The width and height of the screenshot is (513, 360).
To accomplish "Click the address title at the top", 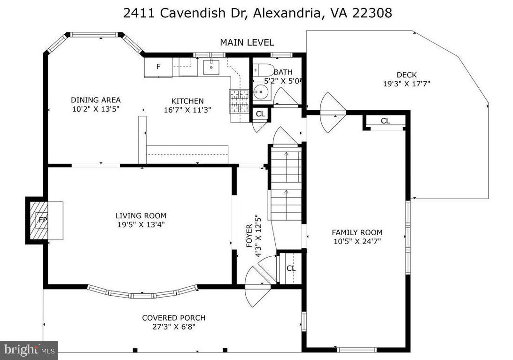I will pos(257,13).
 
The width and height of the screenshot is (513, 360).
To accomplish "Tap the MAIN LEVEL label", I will pos(247,42).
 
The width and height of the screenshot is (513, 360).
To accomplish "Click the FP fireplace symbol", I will pos(43,220).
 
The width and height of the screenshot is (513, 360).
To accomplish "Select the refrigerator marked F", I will pos(158,67).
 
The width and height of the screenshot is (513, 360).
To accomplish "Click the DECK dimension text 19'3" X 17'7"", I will pos(406,84).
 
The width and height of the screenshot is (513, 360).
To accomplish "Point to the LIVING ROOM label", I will pos(141,216).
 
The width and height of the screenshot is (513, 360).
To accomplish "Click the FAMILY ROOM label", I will pos(357,232).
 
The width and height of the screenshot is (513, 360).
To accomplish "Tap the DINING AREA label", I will pos(96,100).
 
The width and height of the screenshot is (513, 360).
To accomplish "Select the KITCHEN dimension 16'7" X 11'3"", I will pos(187,110).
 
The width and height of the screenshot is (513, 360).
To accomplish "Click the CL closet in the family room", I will pos(385,121).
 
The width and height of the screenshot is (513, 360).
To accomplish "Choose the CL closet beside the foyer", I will pos(291,268).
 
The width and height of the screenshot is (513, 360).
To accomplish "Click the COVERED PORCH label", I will pos(174,318).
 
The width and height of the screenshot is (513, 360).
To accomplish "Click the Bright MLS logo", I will pos(29,350).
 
